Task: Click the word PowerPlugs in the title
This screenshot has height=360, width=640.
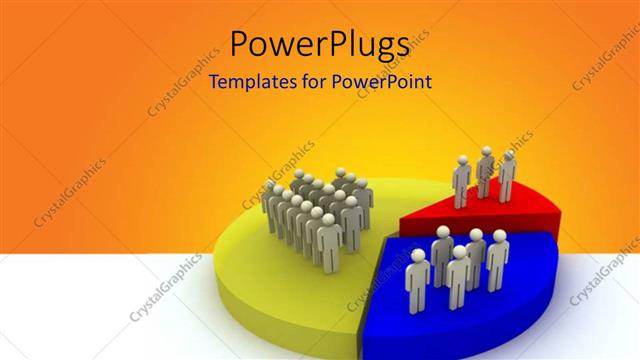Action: (x=319, y=45)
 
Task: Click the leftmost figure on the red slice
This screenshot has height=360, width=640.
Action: (x=461, y=183)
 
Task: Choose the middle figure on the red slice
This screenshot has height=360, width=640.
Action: (x=485, y=174)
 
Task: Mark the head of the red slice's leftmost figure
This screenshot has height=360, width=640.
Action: (x=462, y=160)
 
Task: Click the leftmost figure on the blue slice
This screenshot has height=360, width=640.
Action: (x=417, y=282)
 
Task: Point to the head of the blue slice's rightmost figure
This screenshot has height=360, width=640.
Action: (x=498, y=236)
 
